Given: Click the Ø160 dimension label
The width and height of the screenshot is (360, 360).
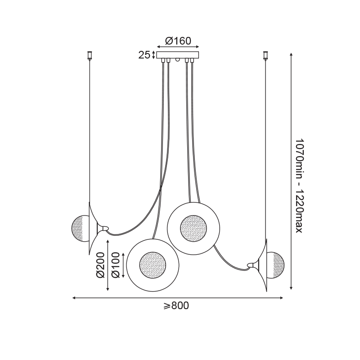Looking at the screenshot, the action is click(x=178, y=41).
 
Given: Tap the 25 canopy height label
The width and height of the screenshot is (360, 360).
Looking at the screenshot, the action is click(x=144, y=55).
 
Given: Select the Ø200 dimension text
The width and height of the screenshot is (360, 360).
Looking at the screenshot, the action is click(x=100, y=265).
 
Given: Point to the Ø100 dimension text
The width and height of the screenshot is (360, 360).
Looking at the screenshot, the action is click(x=116, y=265).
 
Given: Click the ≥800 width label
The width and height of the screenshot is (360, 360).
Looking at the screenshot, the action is click(x=176, y=306).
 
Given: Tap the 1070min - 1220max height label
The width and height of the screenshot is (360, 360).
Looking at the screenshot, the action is click(x=299, y=185).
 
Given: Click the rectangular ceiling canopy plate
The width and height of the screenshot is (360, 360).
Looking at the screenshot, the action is click(x=178, y=55).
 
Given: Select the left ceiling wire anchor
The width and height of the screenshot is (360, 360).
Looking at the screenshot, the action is click(x=90, y=55).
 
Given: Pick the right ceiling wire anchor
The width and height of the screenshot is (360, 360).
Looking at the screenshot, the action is click(x=266, y=55).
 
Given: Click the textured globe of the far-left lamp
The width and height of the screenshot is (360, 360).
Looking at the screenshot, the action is click(x=80, y=229).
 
